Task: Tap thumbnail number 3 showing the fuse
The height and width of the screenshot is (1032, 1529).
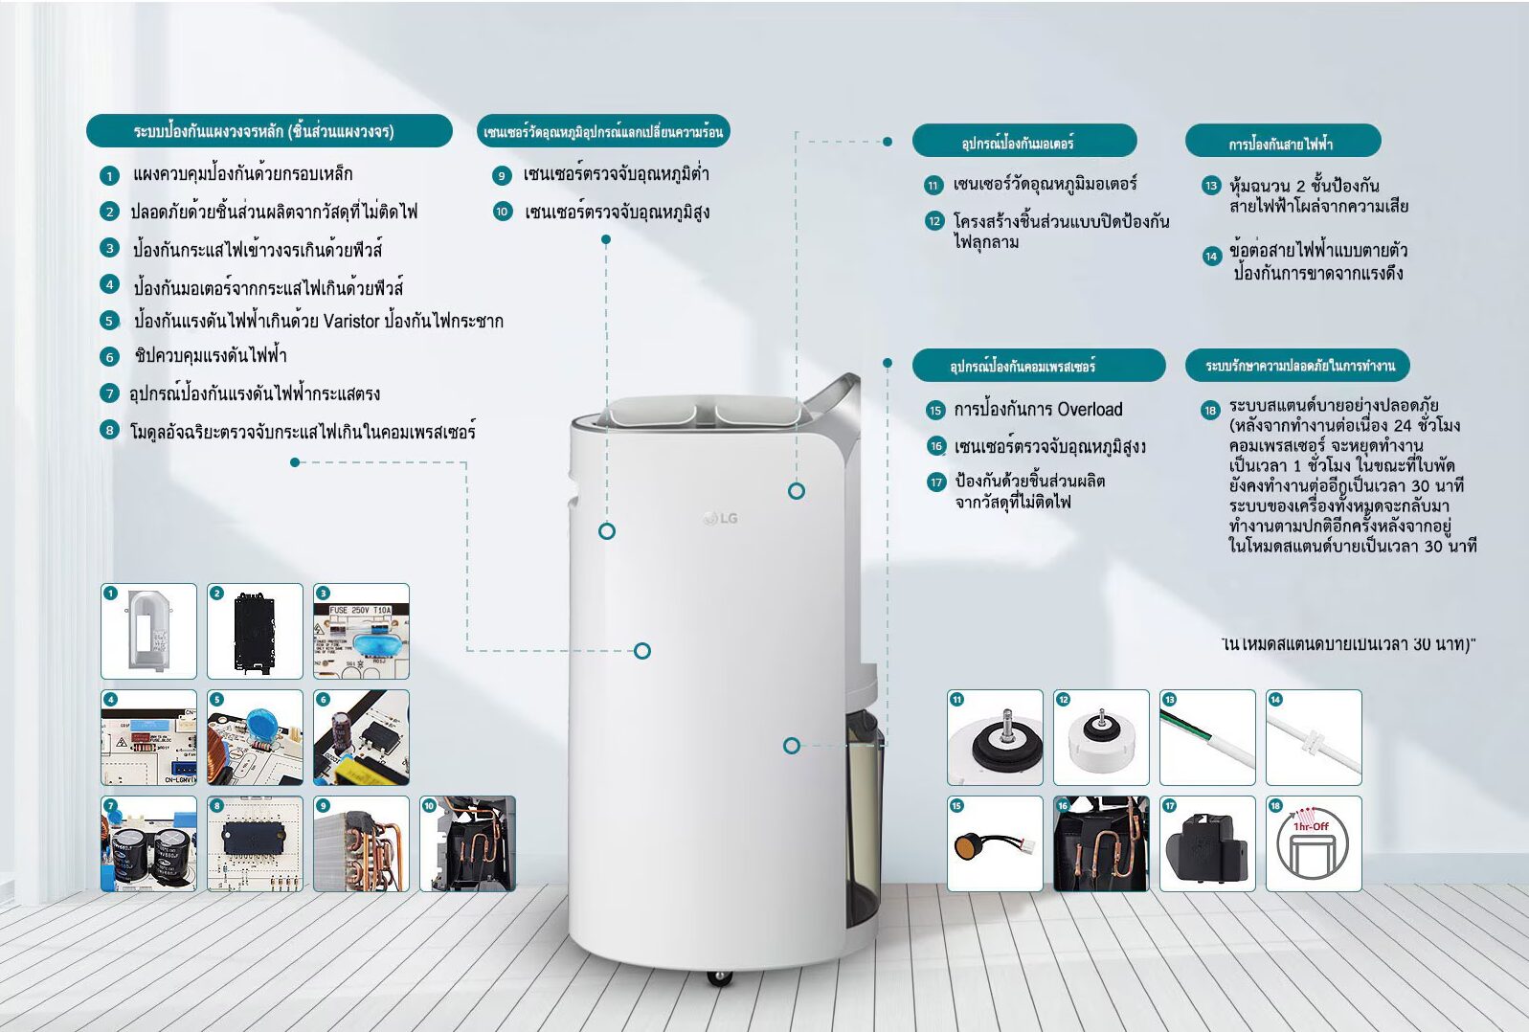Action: (x=361, y=632)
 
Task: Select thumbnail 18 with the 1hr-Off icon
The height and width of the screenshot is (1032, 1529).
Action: (x=1313, y=843)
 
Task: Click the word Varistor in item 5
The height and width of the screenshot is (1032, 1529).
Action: (x=351, y=322)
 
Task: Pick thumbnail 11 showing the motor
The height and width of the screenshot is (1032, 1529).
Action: (x=995, y=737)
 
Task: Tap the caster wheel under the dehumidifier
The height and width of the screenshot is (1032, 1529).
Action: (x=719, y=977)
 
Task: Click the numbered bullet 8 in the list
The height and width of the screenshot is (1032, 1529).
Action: (x=110, y=431)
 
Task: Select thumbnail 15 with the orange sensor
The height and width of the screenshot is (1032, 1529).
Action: (x=995, y=843)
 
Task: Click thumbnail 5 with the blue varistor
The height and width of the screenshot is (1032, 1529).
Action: (x=255, y=737)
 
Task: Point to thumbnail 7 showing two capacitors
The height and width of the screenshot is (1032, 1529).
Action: (x=148, y=843)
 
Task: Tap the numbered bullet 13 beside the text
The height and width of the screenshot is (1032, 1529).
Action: (x=1211, y=186)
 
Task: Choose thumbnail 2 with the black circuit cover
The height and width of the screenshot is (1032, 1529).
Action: (x=255, y=632)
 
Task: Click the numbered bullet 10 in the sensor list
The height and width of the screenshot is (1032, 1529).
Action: (x=503, y=212)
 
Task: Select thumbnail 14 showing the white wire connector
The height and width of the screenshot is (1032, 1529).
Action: (x=1313, y=737)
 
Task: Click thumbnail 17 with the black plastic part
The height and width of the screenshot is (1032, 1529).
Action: (x=1206, y=843)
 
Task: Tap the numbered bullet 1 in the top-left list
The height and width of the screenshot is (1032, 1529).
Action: (x=109, y=175)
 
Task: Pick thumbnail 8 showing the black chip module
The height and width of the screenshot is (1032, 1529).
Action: (x=255, y=843)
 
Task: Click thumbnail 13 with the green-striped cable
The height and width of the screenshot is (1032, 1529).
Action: (x=1206, y=737)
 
